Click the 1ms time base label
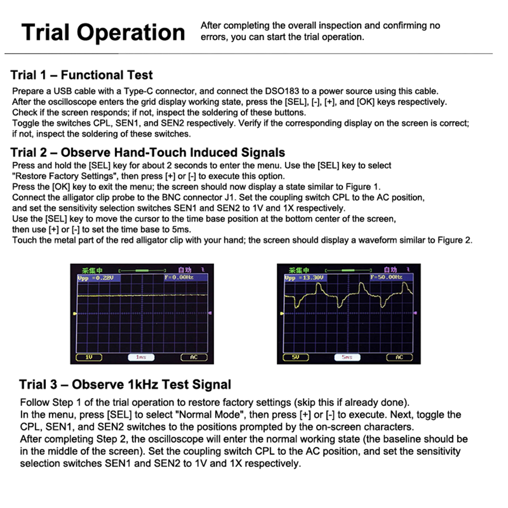pos(141,357)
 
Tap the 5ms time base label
pos(347,357)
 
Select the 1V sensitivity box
pos(89,357)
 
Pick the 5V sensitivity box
pos(295,357)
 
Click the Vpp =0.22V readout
pos(99,278)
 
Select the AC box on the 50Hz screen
pos(399,357)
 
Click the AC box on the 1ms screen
pos(194,357)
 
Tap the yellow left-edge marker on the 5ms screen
pos(282,314)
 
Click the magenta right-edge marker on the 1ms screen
pos(210,313)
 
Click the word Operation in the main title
pos(131,33)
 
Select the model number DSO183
pos(282,91)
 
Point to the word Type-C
pos(138,91)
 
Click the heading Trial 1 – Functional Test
pos(82,75)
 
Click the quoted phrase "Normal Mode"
pos(210,415)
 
